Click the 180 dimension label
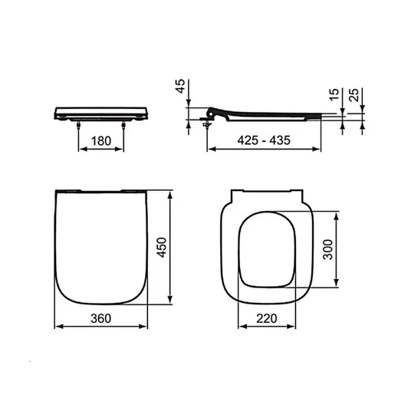click(x=101, y=141)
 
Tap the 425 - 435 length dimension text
click(x=264, y=140)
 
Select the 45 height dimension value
click(x=180, y=86)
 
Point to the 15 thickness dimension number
click(x=334, y=94)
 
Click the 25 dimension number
click(x=353, y=95)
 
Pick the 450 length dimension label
click(x=161, y=248)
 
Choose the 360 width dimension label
click(x=101, y=318)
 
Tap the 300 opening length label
click(x=327, y=249)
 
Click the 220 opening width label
click(x=267, y=318)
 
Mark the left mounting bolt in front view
click(x=78, y=125)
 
